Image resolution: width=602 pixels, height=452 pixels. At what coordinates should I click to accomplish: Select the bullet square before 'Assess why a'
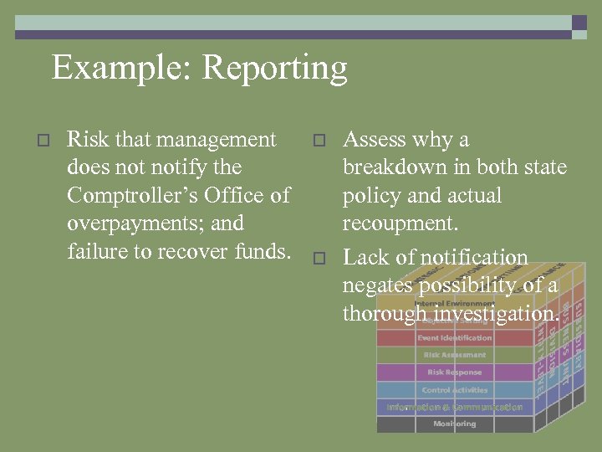click(318, 140)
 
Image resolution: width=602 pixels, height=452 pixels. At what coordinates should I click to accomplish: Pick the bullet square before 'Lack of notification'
click(318, 259)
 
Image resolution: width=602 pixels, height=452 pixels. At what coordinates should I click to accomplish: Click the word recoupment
click(400, 224)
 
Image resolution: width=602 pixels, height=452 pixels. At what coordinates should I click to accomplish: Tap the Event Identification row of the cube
click(455, 338)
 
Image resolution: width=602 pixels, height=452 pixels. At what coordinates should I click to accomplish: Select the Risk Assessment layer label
click(455, 355)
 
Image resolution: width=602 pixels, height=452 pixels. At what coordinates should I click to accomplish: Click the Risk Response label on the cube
click(455, 372)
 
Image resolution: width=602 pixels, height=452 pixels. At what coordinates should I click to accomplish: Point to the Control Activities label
click(455, 390)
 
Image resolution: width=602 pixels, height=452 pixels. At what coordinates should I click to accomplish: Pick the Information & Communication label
click(455, 408)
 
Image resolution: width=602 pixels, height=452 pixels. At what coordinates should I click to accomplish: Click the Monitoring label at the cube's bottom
click(455, 424)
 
